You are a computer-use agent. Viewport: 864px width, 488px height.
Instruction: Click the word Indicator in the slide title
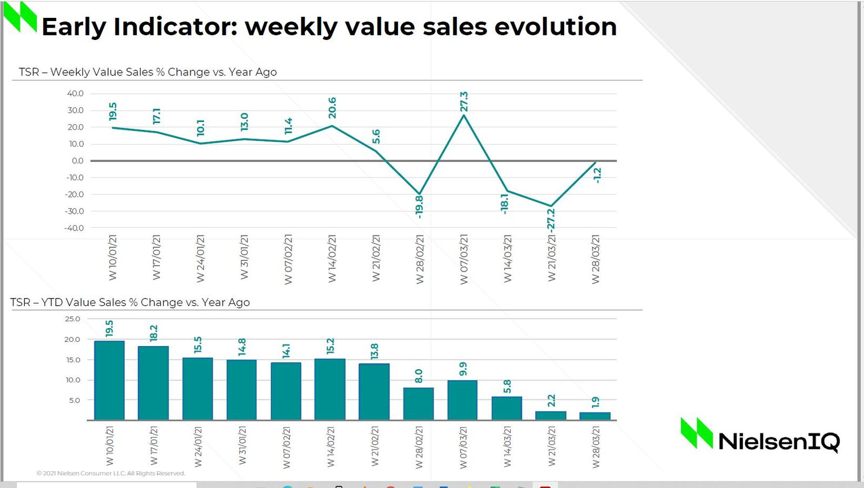click(175, 27)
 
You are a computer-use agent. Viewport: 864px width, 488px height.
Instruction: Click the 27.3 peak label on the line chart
click(464, 101)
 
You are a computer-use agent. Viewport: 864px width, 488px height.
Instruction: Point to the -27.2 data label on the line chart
click(551, 220)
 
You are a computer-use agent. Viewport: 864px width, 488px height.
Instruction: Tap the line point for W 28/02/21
click(420, 194)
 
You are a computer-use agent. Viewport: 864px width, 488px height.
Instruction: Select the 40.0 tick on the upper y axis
click(76, 93)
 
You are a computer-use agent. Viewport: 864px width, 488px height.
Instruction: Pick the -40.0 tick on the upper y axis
click(75, 228)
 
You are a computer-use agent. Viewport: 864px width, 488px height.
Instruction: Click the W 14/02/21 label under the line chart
click(332, 258)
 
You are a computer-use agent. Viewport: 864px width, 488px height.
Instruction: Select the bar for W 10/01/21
click(109, 380)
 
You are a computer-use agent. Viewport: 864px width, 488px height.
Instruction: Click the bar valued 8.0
click(418, 403)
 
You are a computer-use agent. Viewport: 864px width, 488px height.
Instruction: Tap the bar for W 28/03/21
click(595, 416)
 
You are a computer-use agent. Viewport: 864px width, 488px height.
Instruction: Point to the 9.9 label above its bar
click(463, 369)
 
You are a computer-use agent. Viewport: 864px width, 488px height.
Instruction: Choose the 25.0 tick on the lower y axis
click(72, 319)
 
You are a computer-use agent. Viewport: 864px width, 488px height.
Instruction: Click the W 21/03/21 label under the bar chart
click(551, 446)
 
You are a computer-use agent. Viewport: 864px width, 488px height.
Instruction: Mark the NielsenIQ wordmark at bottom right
click(779, 442)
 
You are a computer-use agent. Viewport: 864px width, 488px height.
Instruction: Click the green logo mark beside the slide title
click(20, 17)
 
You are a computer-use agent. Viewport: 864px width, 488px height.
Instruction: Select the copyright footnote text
click(111, 473)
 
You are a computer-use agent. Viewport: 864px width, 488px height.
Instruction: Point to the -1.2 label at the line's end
click(597, 175)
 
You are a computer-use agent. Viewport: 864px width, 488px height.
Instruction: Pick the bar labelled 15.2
click(330, 389)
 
